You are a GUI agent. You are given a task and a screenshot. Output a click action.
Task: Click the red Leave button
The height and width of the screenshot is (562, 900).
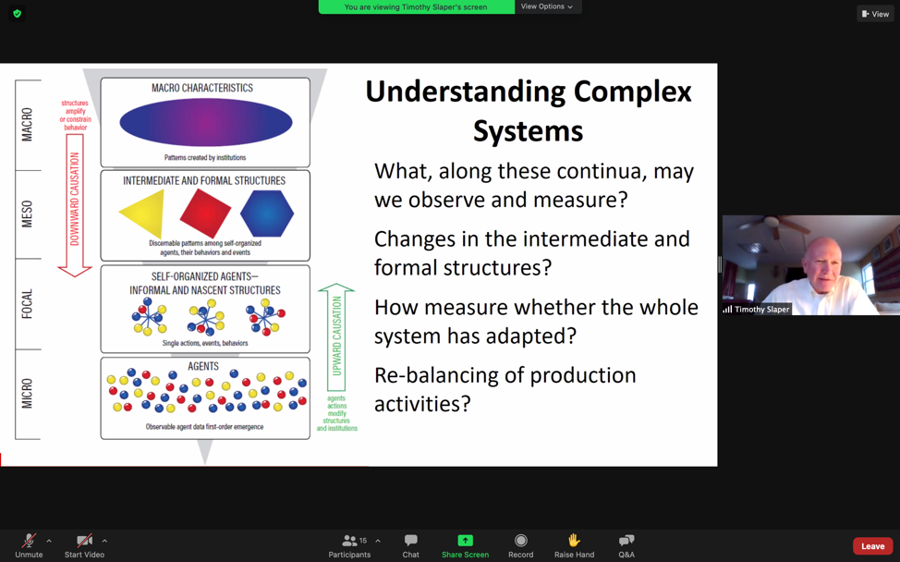[x=872, y=546]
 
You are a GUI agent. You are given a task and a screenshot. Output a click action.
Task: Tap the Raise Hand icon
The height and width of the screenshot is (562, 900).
[x=574, y=540]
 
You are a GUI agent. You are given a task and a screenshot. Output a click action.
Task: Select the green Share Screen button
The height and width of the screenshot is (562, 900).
[x=465, y=540]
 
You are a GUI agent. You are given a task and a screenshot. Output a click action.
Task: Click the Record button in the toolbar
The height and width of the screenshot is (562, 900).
[x=520, y=540]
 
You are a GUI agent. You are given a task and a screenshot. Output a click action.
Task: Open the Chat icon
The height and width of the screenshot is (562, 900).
[x=410, y=540]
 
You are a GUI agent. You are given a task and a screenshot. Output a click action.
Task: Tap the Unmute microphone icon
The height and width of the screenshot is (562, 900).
[x=29, y=540]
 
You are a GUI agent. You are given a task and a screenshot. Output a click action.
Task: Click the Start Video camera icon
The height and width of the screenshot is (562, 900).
[x=84, y=540]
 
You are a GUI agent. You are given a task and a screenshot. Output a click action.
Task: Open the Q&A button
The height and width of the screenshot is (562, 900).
[x=626, y=540]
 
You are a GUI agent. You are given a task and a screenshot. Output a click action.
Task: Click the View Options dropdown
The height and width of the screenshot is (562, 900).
[x=546, y=6]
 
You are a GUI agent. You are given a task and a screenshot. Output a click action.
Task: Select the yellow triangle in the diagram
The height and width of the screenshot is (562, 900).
[x=143, y=213]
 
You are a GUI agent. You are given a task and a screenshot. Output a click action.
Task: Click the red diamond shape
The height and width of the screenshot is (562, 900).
[x=205, y=212]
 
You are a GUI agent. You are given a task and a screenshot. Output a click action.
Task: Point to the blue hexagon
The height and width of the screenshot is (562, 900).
[x=267, y=212]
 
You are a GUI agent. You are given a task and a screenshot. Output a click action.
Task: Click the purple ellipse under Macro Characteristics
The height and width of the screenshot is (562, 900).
[x=206, y=122]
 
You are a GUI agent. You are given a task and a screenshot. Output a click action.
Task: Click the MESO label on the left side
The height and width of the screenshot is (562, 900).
[x=27, y=214]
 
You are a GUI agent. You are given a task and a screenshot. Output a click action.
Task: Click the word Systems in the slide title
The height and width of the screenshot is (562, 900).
[x=528, y=131]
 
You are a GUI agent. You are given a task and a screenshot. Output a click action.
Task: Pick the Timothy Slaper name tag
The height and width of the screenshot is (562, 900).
[x=757, y=310]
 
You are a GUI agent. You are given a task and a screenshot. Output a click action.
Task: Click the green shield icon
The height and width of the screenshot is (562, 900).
[x=18, y=14]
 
